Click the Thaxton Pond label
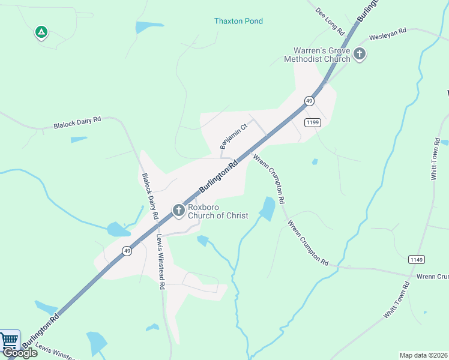click(238, 21)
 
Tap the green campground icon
click(41, 32)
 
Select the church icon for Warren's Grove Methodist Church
click(360, 55)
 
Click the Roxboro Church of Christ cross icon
click(178, 211)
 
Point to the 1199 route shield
click(313, 122)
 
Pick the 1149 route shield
click(416, 259)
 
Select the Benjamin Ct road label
click(234, 137)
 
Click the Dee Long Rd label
click(329, 21)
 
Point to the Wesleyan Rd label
click(388, 32)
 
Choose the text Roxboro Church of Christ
click(218, 211)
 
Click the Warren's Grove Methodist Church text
click(322, 55)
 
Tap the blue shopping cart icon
click(9, 341)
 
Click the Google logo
click(20, 353)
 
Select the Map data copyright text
click(423, 355)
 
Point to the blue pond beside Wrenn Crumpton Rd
click(267, 209)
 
